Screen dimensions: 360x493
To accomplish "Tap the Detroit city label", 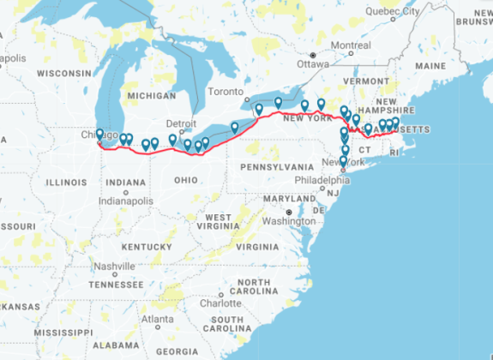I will pyautogui.click(x=181, y=123).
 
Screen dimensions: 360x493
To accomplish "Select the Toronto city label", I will pyautogui.click(x=226, y=92).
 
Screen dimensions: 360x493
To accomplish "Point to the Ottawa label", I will pyautogui.click(x=313, y=63).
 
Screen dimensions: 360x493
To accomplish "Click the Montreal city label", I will pyautogui.click(x=350, y=45).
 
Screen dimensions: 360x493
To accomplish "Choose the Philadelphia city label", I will pyautogui.click(x=322, y=180).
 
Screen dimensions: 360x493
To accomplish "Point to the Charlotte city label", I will pyautogui.click(x=220, y=303).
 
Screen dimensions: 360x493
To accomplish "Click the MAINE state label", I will pyautogui.click(x=430, y=65).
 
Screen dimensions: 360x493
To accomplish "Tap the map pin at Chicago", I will pyautogui.click(x=99, y=134).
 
